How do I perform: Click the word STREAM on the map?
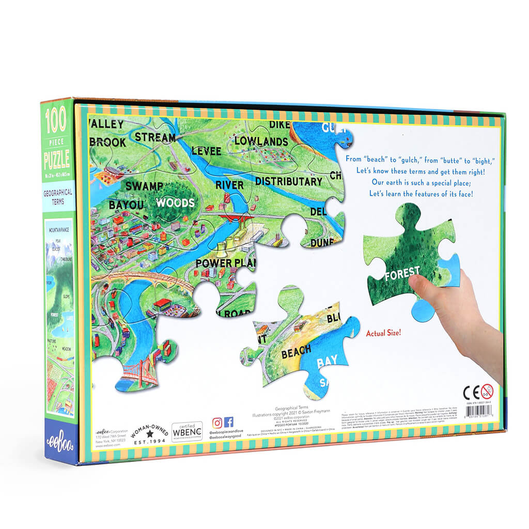coord(155,137)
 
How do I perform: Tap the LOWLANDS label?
coord(261,141)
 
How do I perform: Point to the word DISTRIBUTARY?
coord(288,181)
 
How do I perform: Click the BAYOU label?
coord(126,205)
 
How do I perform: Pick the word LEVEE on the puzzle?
coord(206,151)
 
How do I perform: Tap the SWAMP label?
coord(144,186)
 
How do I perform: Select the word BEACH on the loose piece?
coord(296,353)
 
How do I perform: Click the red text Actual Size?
coord(384,333)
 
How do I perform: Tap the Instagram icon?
coord(217,422)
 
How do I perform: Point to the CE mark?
coord(471,391)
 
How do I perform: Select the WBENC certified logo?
coord(187,431)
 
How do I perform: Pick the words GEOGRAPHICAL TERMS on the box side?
coord(58,196)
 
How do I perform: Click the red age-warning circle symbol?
coord(487,391)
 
